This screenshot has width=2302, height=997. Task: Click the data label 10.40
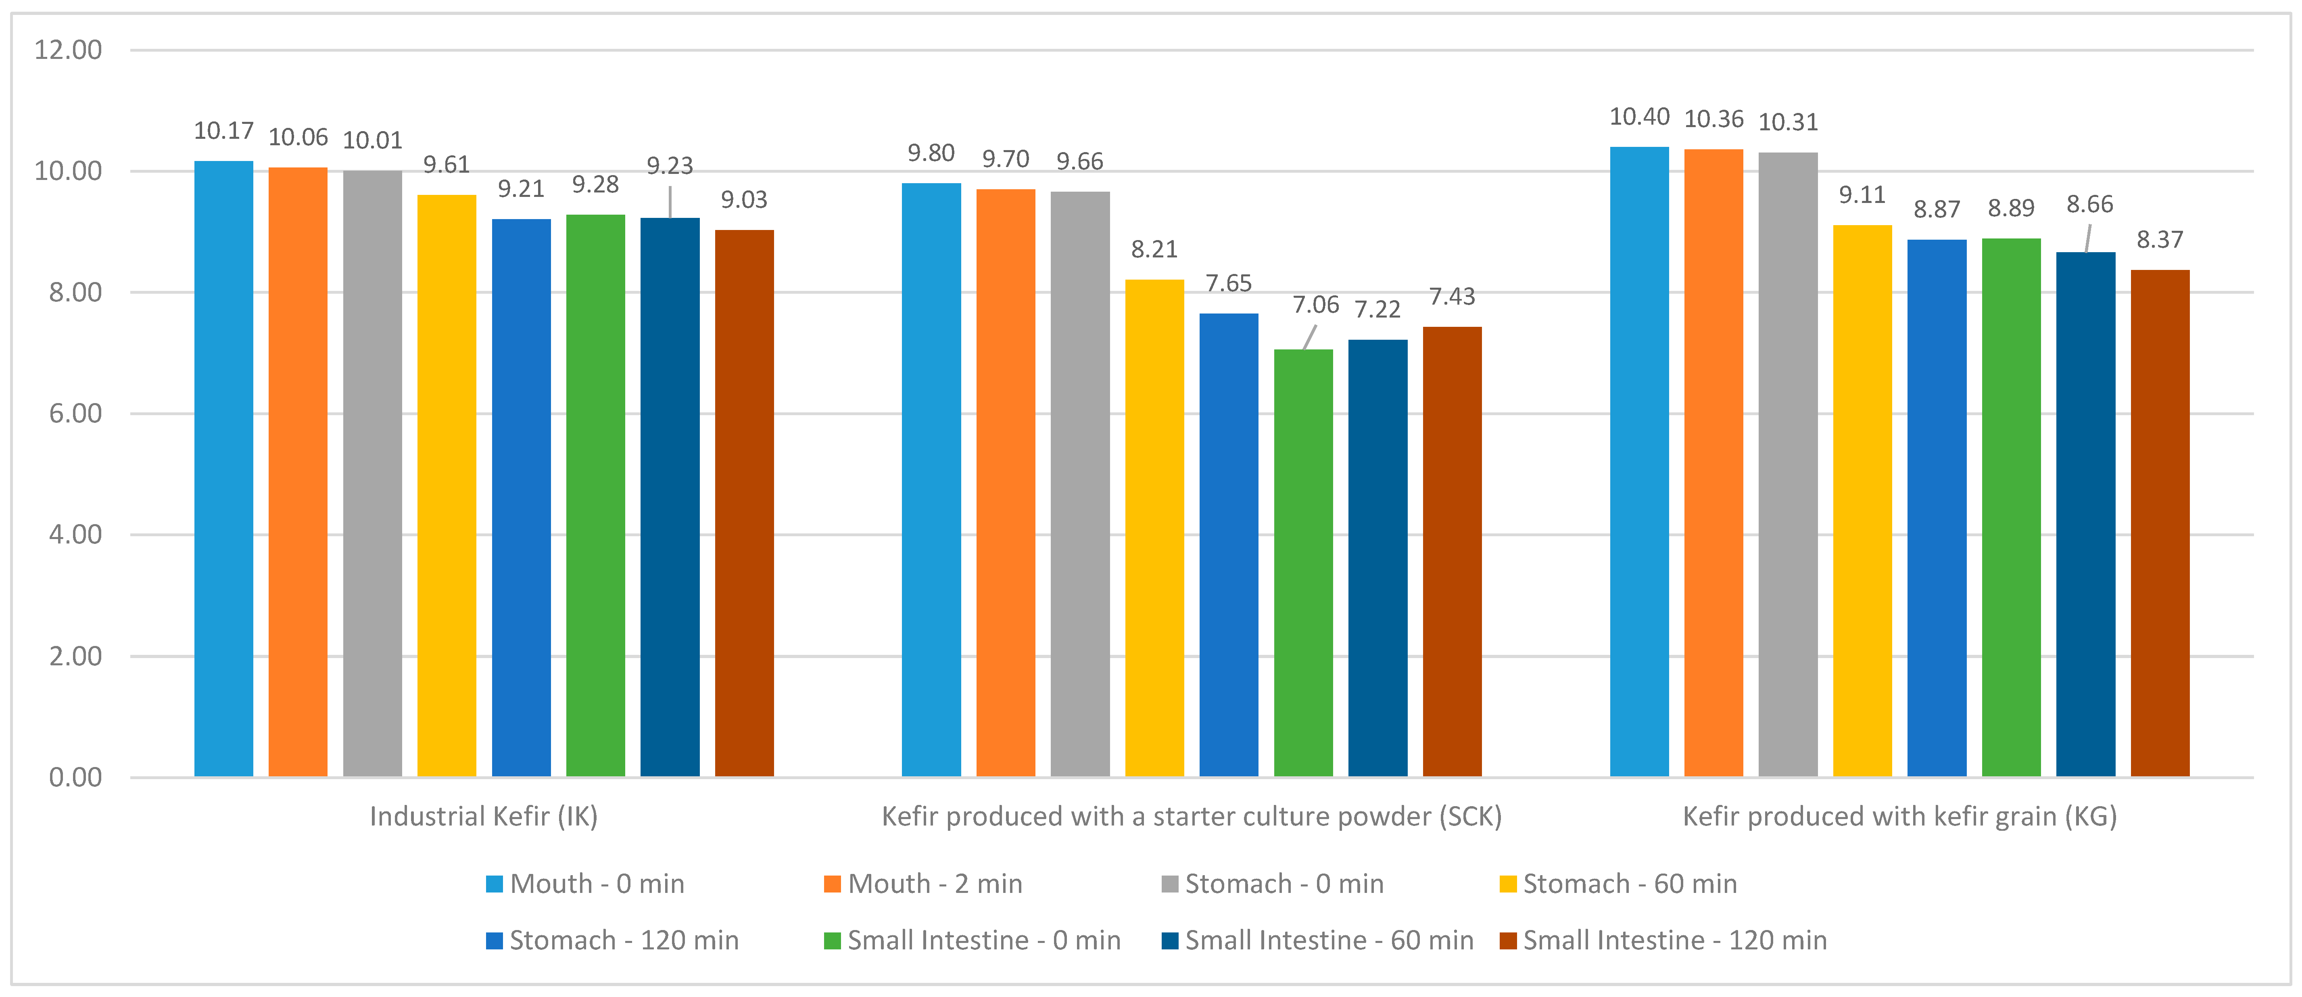[1639, 117]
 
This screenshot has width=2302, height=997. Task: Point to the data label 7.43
[1451, 296]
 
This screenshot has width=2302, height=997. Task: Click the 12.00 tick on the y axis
[68, 50]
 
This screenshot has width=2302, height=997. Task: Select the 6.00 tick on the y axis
[75, 413]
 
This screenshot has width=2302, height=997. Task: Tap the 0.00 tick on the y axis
[75, 777]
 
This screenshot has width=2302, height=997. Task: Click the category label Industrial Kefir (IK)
[484, 816]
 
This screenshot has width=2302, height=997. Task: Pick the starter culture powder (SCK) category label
[1191, 816]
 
